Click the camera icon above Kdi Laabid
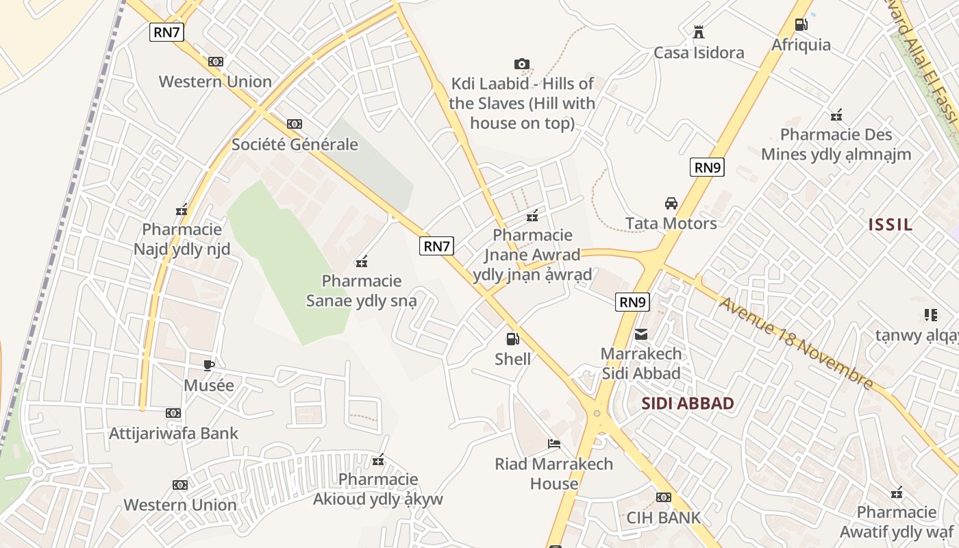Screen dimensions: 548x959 (x=522, y=64)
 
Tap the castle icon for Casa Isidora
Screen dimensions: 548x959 (x=699, y=32)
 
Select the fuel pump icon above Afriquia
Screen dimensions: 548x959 (x=801, y=25)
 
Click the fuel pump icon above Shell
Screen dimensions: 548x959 (x=512, y=338)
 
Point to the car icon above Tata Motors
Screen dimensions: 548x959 (x=671, y=203)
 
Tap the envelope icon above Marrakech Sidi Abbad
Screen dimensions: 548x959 (x=641, y=334)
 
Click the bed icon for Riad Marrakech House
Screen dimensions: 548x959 (x=554, y=445)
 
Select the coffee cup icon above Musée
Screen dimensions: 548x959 (x=209, y=365)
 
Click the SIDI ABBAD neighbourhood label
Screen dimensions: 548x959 (x=688, y=403)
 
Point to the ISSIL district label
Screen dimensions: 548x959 (x=891, y=225)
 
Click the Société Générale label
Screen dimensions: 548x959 (x=295, y=145)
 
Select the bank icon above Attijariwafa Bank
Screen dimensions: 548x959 (x=173, y=413)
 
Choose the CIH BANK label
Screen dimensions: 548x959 (x=664, y=517)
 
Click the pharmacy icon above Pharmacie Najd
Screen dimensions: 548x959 (x=182, y=210)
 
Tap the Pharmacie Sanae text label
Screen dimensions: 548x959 (x=361, y=290)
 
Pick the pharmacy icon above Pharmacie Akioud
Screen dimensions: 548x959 (x=378, y=460)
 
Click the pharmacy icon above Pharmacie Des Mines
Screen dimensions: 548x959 (x=836, y=115)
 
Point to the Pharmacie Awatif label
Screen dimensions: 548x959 (x=897, y=522)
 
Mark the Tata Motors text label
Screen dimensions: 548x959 (x=671, y=223)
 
